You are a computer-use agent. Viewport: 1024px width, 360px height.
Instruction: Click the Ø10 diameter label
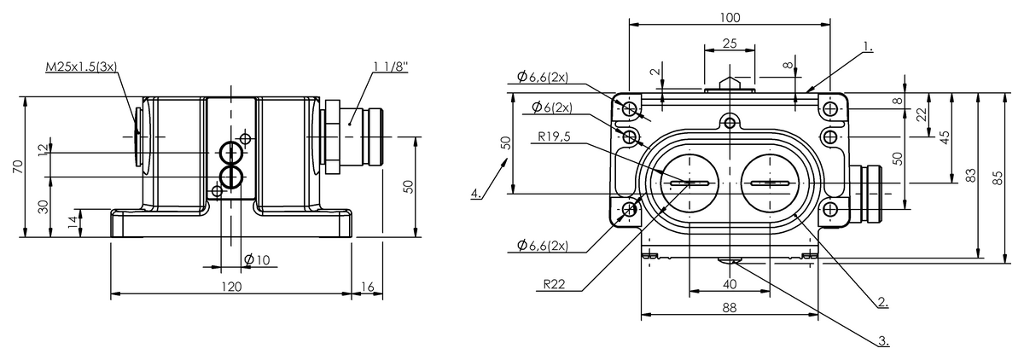[x=257, y=259]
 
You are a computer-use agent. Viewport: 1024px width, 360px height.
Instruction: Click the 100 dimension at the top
[x=730, y=17]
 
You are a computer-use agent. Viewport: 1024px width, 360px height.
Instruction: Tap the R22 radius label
[x=554, y=287]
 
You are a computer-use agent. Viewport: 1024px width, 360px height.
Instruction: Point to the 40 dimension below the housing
[x=730, y=284]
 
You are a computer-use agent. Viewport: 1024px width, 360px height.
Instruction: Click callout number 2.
[x=883, y=300]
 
